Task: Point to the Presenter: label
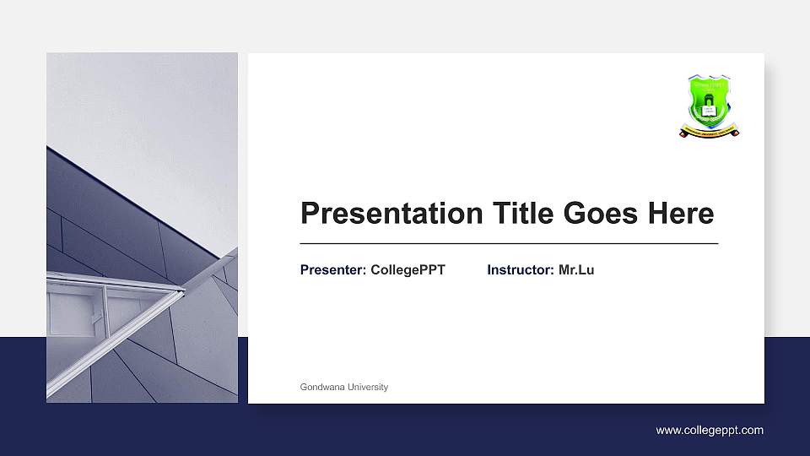point(333,270)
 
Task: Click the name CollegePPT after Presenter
point(408,270)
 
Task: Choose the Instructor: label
point(521,270)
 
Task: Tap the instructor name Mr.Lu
point(576,270)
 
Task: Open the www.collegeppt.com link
point(710,431)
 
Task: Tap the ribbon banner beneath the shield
point(710,131)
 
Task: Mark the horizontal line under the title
point(509,243)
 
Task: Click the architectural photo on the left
point(142,228)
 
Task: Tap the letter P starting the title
point(310,214)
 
